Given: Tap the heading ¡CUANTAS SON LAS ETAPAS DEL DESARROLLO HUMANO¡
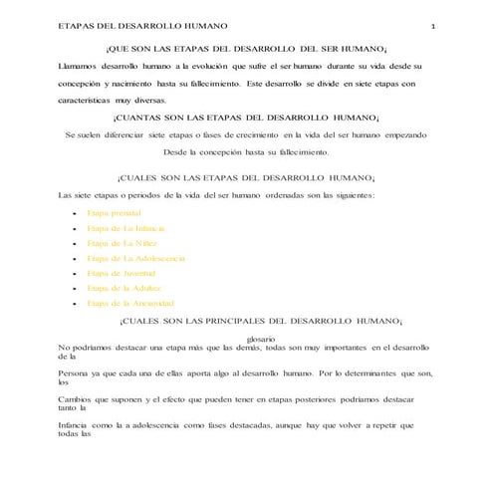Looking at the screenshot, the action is (246, 118).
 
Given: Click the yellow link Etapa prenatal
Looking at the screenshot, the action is (114, 213).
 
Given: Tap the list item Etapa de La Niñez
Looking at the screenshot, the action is (121, 243).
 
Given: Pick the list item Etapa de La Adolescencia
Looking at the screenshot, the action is (135, 258).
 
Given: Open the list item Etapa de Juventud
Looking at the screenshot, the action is (121, 273).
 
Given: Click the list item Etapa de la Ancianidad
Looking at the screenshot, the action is (130, 303).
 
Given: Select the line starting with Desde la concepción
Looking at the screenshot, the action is (245, 152).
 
